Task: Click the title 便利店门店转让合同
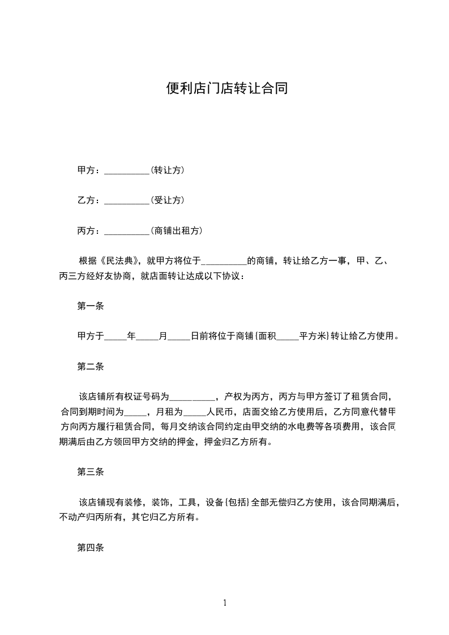pos(227,88)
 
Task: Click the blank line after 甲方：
pos(127,170)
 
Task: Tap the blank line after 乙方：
pos(127,201)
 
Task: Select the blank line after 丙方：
pos(127,231)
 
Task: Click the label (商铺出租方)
pos(177,231)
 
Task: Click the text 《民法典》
pos(120,261)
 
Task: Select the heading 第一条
pos(91,306)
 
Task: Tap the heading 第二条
pos(91,366)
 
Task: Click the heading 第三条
pos(91,471)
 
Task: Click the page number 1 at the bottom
pos(225,603)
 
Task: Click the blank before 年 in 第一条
pos(116,337)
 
